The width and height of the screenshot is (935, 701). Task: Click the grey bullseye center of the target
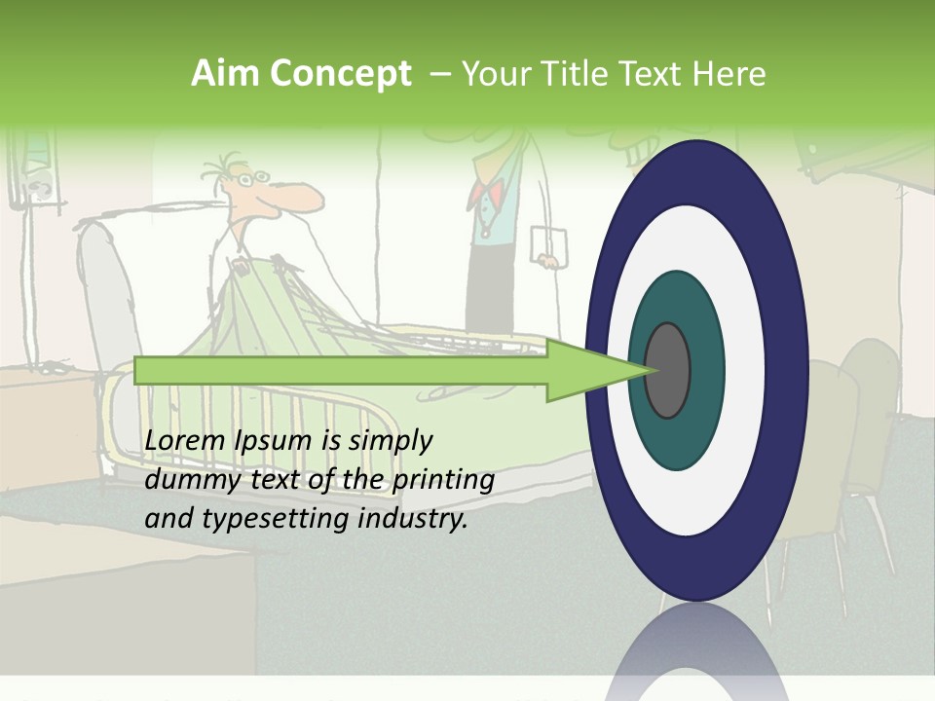[x=668, y=371]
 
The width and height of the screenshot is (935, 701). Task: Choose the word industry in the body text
[x=413, y=519]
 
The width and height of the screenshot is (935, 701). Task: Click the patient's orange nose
[x=304, y=199]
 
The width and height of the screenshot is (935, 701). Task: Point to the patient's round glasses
[x=255, y=179]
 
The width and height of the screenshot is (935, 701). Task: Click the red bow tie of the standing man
[x=484, y=193]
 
